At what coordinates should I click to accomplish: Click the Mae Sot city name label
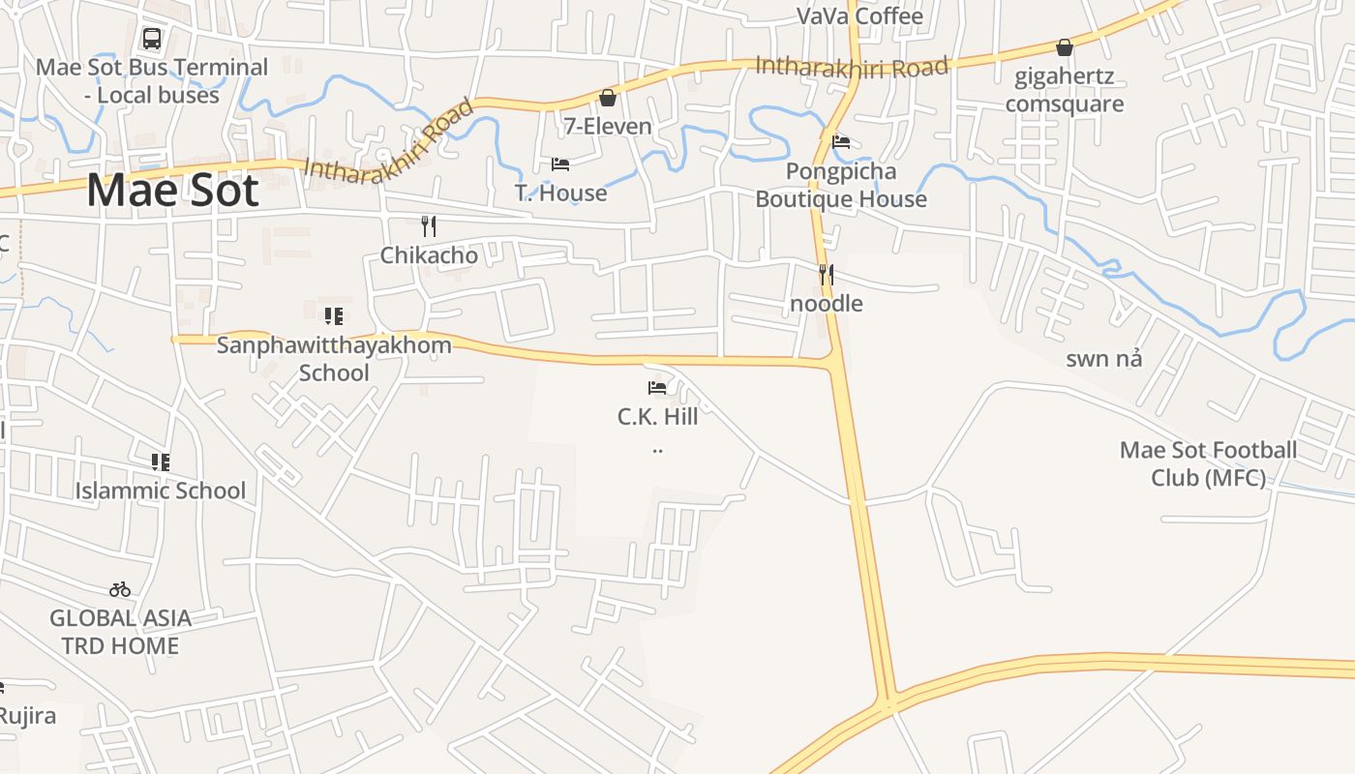tap(172, 190)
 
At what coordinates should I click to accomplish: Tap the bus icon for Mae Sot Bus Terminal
tap(152, 39)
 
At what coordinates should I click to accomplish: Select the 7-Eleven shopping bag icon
tap(608, 98)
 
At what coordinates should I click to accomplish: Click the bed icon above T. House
tap(560, 164)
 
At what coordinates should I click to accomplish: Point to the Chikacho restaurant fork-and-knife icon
tap(429, 226)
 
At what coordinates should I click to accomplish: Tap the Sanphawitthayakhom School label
tap(334, 359)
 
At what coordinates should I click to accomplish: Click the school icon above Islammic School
tap(160, 462)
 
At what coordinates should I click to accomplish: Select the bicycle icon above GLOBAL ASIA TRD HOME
tap(120, 589)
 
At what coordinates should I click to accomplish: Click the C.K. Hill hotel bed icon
tap(657, 388)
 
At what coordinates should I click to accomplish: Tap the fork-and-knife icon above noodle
tap(826, 275)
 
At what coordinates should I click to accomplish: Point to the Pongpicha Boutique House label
tap(841, 185)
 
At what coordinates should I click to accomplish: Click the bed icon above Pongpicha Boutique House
tap(841, 142)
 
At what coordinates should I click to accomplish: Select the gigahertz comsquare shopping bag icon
tap(1065, 47)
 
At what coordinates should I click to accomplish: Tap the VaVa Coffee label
tap(859, 16)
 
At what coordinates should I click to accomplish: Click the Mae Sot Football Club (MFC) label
tap(1208, 463)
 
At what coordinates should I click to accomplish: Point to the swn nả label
tap(1103, 359)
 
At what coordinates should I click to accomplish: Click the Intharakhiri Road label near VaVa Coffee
tap(851, 67)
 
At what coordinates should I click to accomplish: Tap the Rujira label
tap(26, 716)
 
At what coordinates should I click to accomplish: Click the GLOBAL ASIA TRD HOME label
tap(120, 632)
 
